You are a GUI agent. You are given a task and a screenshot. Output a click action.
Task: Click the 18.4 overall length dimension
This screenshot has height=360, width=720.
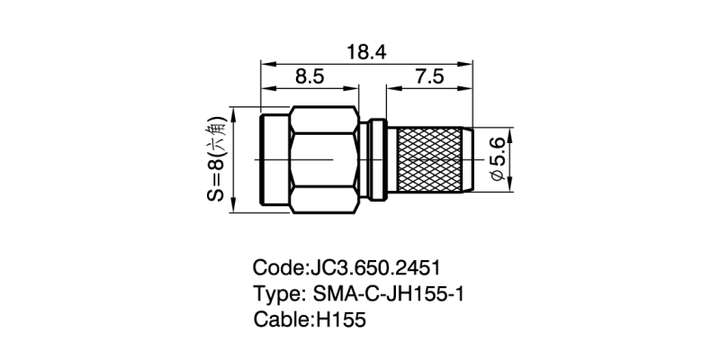(x=366, y=52)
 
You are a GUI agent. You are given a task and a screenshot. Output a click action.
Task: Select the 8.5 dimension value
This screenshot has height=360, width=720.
(x=310, y=76)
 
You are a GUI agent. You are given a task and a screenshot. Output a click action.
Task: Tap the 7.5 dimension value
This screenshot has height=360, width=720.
(x=429, y=76)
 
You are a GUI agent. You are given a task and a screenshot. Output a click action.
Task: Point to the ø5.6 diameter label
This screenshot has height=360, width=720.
(x=499, y=160)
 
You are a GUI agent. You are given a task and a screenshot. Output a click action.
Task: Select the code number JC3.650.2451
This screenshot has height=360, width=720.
(x=376, y=267)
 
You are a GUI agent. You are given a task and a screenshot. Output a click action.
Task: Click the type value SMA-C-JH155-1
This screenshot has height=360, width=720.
(x=388, y=294)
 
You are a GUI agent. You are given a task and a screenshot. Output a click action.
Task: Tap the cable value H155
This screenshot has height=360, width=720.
(x=340, y=319)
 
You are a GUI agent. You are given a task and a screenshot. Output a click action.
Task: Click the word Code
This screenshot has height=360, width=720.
(x=278, y=267)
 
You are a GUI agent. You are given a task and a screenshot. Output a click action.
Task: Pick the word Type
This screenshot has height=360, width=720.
(x=275, y=295)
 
